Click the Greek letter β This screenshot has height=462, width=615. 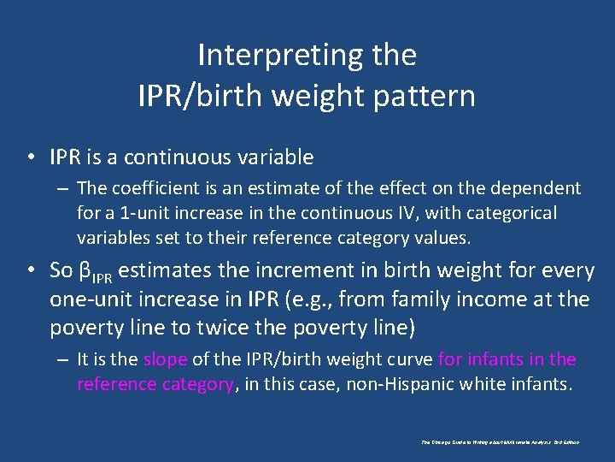point(84,271)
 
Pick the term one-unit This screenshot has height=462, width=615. point(91,299)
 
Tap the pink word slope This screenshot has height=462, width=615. point(165,359)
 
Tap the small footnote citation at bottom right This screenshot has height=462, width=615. point(500,442)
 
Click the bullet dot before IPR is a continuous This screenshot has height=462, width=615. point(32,157)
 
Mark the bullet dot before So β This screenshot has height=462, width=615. point(32,271)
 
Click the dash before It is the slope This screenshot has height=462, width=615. point(63,359)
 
